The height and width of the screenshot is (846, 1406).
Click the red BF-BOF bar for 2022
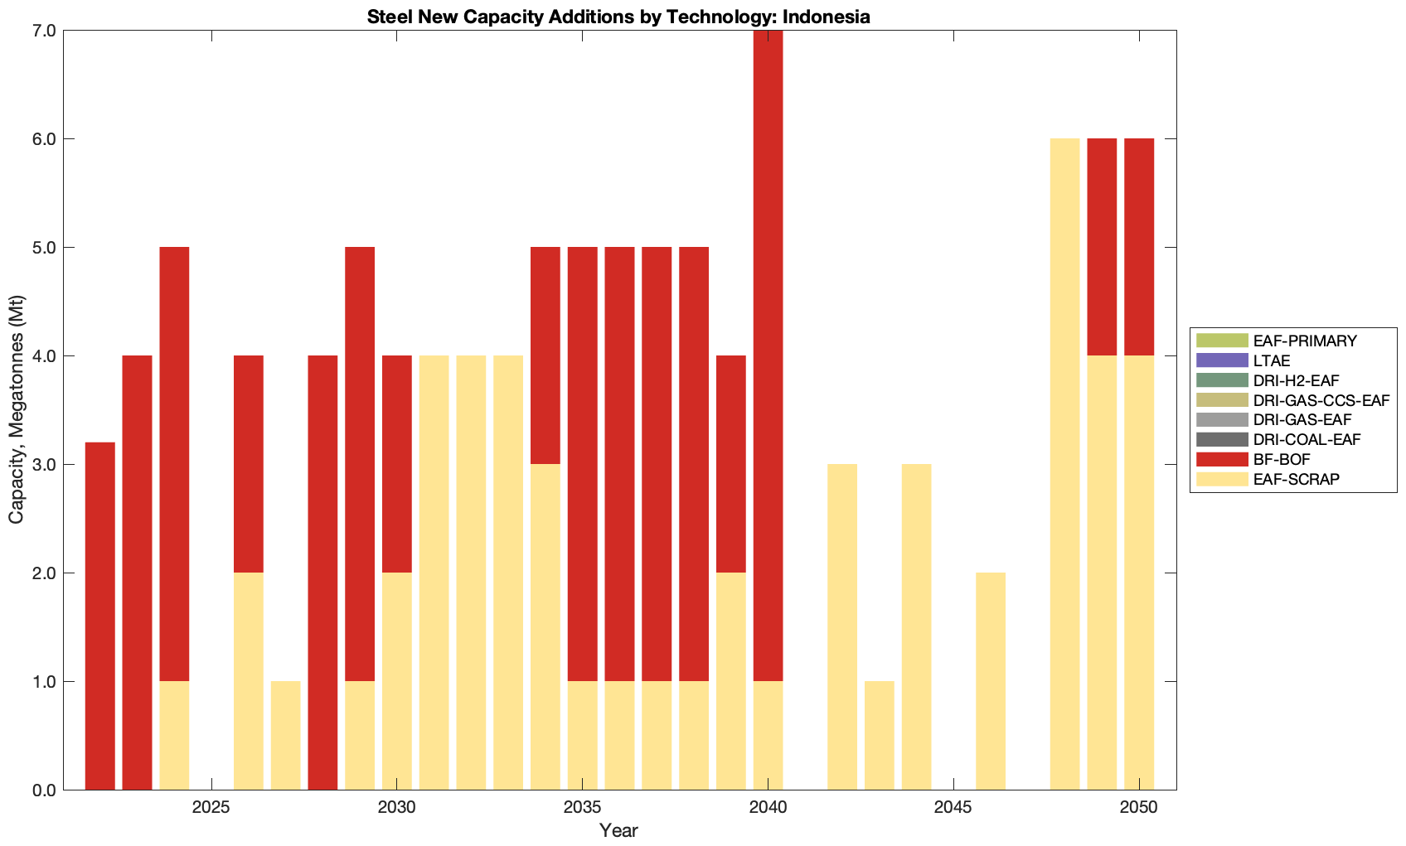pos(100,616)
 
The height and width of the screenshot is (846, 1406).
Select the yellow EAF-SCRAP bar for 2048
pos(1064,464)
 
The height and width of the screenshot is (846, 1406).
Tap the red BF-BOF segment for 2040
pos(768,356)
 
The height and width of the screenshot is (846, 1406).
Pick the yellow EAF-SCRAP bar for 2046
pos(991,681)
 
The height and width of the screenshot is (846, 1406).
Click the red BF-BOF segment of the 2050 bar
pos(1139,247)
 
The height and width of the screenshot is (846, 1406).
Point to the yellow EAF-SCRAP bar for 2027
pos(286,735)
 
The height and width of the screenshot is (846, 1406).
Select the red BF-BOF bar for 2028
pos(322,573)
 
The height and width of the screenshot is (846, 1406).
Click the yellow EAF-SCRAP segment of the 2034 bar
pos(545,626)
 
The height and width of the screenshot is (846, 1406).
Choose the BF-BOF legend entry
pos(1282,459)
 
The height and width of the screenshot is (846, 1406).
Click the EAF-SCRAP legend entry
pos(1296,479)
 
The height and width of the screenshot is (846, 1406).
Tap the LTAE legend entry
pos(1272,360)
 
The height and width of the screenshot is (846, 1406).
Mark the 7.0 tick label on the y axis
pos(44,31)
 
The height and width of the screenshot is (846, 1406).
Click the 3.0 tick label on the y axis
pos(44,465)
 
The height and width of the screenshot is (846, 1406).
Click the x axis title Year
pos(618,830)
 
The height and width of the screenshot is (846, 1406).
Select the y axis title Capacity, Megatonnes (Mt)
pos(16,409)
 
